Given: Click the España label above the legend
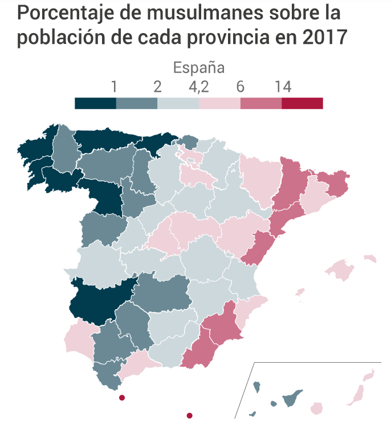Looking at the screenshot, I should click(x=198, y=68).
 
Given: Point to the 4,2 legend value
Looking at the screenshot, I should click(x=198, y=87).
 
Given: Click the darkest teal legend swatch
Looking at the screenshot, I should click(x=95, y=103).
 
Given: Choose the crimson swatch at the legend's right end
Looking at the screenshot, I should click(x=302, y=103).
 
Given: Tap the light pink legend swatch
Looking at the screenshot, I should click(x=219, y=103).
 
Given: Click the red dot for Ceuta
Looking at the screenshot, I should click(x=121, y=398).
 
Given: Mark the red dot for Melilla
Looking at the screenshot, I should click(x=190, y=415).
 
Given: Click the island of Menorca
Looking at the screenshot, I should click(x=370, y=259).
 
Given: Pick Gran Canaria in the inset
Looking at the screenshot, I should click(x=315, y=408).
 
